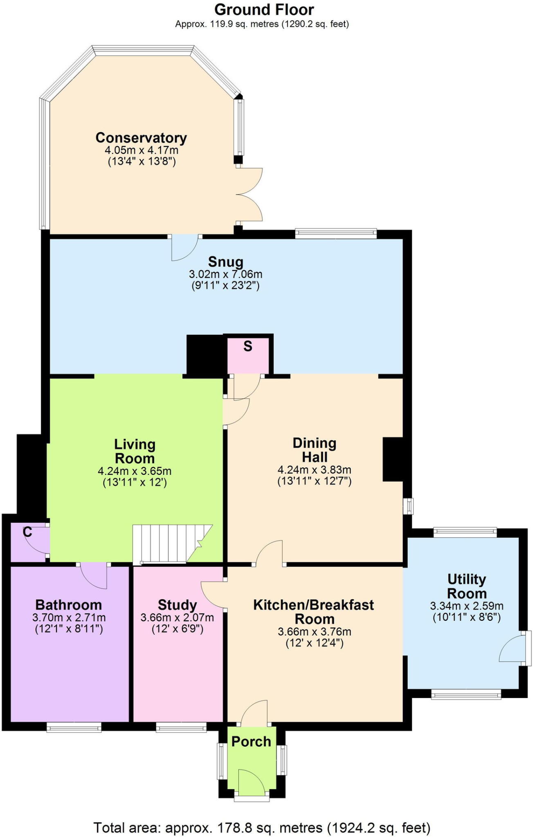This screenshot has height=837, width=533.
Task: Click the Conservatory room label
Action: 141,138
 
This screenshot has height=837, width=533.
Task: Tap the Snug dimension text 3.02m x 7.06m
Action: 225,274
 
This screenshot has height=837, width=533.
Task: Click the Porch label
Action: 251,741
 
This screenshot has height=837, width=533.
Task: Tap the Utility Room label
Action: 466,586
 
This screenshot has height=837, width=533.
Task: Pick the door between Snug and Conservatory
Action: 184,247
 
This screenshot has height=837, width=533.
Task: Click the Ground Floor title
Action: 264,9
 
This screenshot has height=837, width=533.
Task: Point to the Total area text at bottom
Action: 262,828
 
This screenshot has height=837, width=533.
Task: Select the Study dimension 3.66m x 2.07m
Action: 177,618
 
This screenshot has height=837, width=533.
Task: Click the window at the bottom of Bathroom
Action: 74,727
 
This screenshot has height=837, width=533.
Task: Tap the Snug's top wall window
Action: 335,234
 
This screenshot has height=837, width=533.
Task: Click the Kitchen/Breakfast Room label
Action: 313,611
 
